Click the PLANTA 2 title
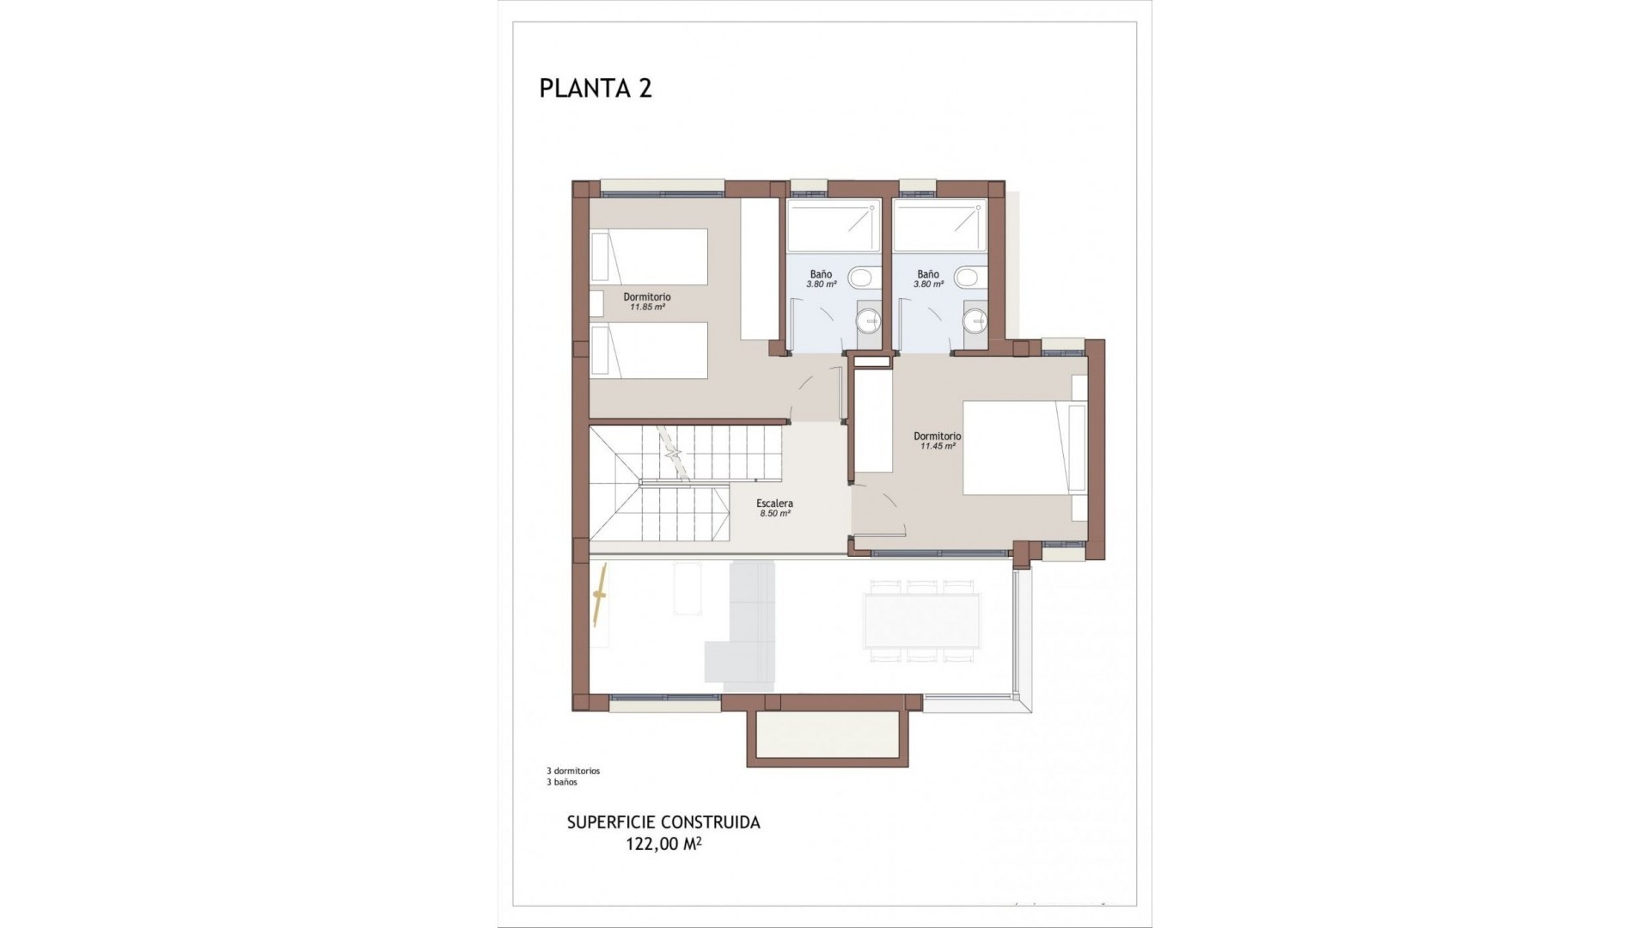[x=595, y=89]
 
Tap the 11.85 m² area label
[x=647, y=307]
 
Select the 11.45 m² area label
[x=937, y=447]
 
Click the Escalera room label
[x=774, y=504]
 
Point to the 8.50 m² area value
[x=774, y=514]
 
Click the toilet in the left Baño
[x=859, y=278]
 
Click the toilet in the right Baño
[x=966, y=278]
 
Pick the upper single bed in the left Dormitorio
[x=650, y=256]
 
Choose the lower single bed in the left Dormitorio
[x=650, y=350]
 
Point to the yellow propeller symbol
[x=601, y=594]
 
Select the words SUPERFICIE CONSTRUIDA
[x=663, y=822]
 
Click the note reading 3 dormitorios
[x=566, y=771]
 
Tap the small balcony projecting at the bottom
[x=828, y=740]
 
